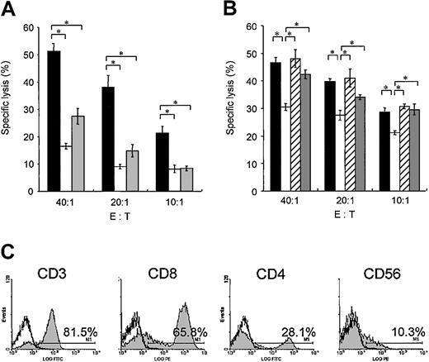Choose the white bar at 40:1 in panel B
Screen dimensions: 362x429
click(285, 148)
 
